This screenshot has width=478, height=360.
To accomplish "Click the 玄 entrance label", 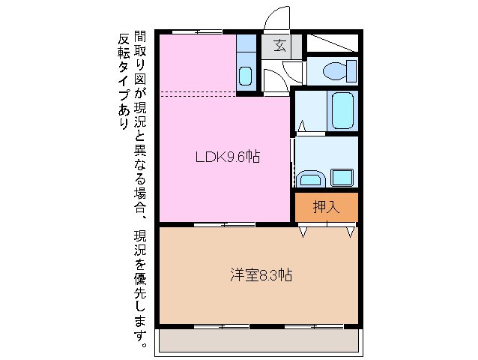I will (280, 45).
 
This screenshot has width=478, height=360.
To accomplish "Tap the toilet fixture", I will (334, 71).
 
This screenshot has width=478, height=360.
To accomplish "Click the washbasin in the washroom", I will (309, 178).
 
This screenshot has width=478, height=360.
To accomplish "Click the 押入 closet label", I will (326, 207).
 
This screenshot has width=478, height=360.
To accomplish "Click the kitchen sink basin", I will (246, 76).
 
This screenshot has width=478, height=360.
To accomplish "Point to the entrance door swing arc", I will (277, 16).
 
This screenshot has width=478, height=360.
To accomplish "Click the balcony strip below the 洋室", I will (258, 340).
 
